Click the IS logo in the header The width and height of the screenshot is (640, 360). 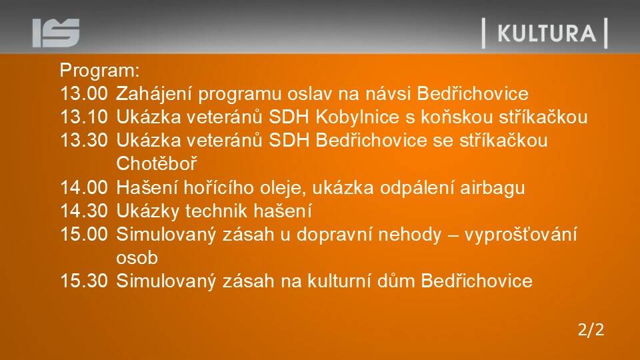point(56,33)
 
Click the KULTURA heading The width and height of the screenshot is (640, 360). point(547,33)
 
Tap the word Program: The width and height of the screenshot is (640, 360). point(99,71)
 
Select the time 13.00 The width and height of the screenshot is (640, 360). point(84,93)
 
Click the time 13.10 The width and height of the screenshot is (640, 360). point(84,117)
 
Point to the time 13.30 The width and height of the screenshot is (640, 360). point(84,141)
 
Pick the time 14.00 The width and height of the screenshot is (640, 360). point(84,188)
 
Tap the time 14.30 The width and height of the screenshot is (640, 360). point(84,211)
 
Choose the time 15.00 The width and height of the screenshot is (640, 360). point(84,234)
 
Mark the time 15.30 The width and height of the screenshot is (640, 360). point(84,281)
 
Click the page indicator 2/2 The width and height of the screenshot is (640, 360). point(591,329)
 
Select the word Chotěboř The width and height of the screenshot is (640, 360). point(156,164)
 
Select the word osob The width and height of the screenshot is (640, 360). point(137,258)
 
